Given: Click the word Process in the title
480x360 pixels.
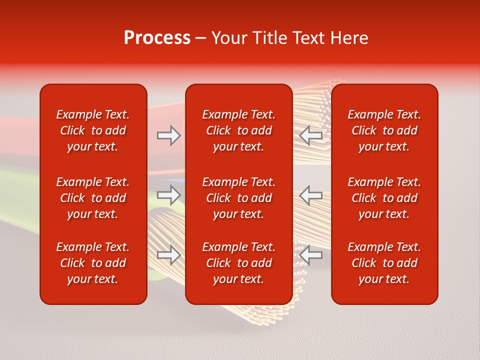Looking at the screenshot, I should point(157,38).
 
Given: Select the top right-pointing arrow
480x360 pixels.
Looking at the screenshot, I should point(168,135).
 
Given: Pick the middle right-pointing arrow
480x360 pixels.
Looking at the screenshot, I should point(168,194).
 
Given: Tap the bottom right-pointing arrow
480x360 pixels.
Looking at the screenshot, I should point(168,254).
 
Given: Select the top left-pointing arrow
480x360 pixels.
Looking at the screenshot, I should point(311,135).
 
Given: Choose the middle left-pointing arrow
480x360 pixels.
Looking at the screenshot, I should point(311,194).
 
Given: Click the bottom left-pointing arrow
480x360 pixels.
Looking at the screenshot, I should point(311,254).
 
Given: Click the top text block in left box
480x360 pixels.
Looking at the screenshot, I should point(93,130).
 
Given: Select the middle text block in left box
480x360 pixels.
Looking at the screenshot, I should point(93,198).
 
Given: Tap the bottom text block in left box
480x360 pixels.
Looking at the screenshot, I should point(93,263).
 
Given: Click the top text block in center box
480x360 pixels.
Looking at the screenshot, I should point(239,130).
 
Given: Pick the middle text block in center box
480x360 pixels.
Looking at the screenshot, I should point(239,198).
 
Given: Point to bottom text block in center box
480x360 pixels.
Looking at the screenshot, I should point(239,263).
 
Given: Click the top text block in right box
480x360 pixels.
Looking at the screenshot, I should point(384,130).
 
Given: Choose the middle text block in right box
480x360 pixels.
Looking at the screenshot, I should point(384,198).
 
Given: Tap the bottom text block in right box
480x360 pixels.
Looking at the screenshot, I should point(384,263).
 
